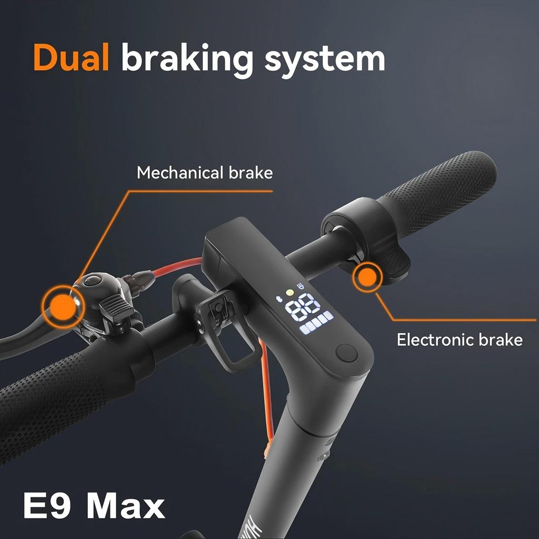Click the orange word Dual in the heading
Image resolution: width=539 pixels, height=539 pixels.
71,57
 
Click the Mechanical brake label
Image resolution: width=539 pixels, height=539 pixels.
205,173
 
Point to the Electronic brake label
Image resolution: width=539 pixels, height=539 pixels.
460,340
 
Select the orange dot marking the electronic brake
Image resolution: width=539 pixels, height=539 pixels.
367,277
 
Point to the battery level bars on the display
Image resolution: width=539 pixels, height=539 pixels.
316,323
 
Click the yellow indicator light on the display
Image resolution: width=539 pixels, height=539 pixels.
290,293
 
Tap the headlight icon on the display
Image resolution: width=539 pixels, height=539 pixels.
301,286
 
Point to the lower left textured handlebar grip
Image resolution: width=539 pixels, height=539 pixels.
55,402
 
